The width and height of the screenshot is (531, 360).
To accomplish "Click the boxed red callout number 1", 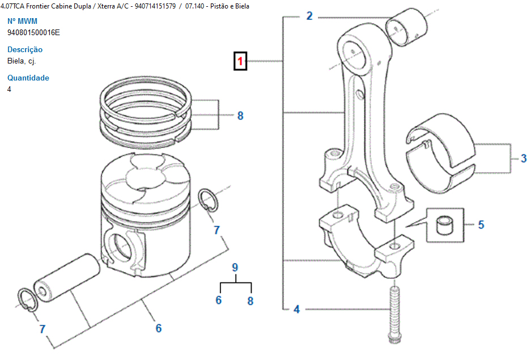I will point(241,61).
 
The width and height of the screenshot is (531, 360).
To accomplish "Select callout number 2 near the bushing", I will point(309,16).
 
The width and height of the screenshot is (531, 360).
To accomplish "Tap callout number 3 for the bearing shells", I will point(523,159).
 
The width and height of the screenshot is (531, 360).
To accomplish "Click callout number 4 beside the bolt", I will point(296,310).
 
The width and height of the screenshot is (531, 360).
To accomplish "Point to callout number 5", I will point(481,225).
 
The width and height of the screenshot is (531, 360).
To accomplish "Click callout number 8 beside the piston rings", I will point(240,116).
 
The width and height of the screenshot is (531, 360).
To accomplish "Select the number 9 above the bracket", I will point(235,267).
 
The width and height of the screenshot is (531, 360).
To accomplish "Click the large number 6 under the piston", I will point(159,328).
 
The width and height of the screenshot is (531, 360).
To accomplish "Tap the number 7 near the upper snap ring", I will point(216,230).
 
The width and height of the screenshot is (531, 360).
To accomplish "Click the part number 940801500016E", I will point(33,32).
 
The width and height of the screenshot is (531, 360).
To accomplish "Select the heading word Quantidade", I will point(28,78).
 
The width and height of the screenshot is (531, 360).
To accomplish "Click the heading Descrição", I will point(25,50).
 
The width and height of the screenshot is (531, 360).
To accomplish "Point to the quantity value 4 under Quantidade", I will point(9,89).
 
